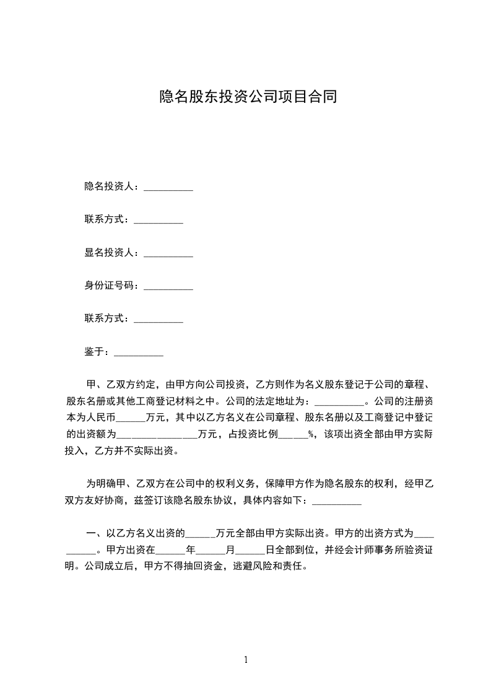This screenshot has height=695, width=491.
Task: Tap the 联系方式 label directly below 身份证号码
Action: pyautogui.click(x=107, y=318)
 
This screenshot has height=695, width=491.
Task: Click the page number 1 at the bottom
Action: pyautogui.click(x=246, y=660)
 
